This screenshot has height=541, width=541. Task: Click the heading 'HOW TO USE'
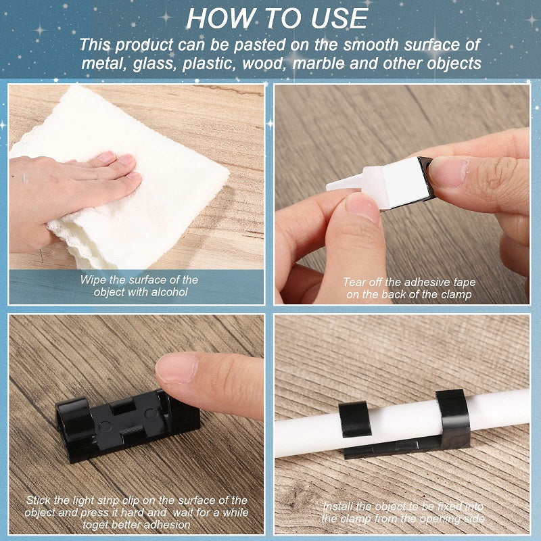click(277, 18)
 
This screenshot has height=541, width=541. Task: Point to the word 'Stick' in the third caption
click(40, 500)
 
